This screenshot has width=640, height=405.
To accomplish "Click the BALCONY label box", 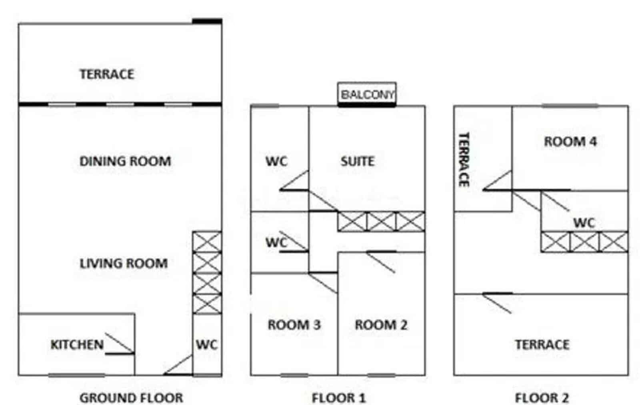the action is pos(367,94).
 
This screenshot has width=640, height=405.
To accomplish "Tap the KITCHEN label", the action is pos(77,345).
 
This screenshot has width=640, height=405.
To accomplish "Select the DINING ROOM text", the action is pos(125,162).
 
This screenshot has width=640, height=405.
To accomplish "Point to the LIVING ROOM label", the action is pos(124,263).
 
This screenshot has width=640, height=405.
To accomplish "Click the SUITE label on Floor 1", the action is pos(358,162).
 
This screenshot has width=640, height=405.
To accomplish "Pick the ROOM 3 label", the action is pos(294,325).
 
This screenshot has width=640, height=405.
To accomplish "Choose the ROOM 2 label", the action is pos(381,325).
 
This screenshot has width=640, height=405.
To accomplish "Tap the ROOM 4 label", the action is pos(570,142).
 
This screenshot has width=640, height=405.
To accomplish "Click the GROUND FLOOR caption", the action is pos(131,398).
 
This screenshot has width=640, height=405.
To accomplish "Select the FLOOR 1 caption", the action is pos(338,398).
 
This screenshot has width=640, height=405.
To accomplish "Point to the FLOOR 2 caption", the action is pos(542,398).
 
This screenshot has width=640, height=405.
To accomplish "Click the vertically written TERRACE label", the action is pos(464,160).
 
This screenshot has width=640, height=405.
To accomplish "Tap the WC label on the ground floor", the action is pos(207,345).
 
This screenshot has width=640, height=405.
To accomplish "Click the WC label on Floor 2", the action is pos(584,223).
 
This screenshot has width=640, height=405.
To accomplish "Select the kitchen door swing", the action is pos(120,344).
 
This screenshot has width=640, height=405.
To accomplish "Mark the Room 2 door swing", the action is pos(381,262).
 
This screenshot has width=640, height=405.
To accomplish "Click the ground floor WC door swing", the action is pos(178,365).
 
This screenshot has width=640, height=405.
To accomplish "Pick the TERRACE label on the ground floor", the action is pos(106,74).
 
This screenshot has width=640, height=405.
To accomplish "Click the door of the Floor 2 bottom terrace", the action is pos(498,303).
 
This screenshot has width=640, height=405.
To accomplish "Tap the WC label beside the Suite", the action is pos(276,162).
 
